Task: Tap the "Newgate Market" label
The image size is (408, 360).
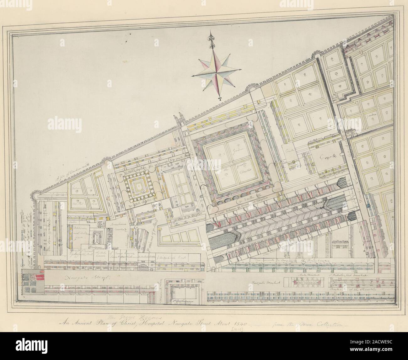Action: click(x=261, y=283)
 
